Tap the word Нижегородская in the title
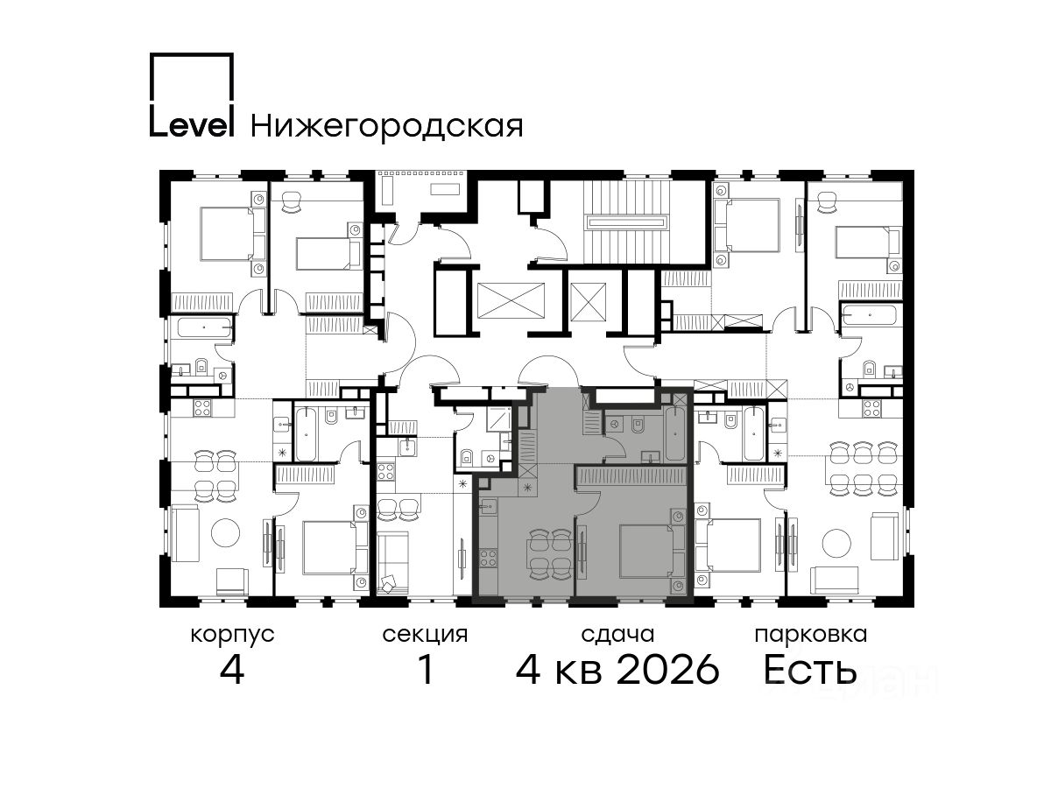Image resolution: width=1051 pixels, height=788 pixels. pyautogui.click(x=387, y=127)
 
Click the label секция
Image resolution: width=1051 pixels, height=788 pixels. pyautogui.click(x=425, y=636)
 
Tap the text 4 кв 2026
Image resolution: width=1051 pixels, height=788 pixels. pyautogui.click(x=617, y=670)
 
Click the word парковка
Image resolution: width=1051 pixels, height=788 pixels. pyautogui.click(x=811, y=636)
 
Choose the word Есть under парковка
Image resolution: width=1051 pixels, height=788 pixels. pyautogui.click(x=809, y=670)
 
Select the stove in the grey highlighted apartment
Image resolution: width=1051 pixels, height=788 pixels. pyautogui.click(x=489, y=558)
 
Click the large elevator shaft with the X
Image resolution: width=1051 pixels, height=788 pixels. pyautogui.click(x=511, y=300)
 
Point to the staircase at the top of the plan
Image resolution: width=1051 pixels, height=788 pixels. pyautogui.click(x=627, y=222)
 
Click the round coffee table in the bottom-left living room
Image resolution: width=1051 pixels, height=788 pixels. pyautogui.click(x=225, y=532)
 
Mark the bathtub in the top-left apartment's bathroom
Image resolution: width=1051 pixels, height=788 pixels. pyautogui.click(x=205, y=328)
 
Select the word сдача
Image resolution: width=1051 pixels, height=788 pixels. pyautogui.click(x=617, y=635)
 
